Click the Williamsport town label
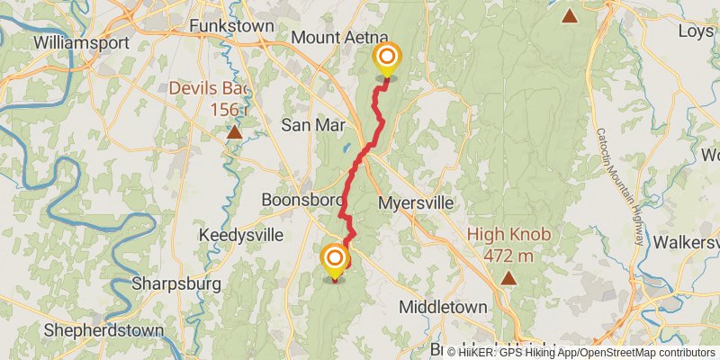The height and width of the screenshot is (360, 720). (x=76, y=42)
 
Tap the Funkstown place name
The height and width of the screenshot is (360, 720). (x=231, y=27)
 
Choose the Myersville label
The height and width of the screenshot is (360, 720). (x=416, y=202)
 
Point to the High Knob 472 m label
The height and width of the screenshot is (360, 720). (x=508, y=243)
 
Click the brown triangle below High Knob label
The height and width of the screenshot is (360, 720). (x=509, y=277)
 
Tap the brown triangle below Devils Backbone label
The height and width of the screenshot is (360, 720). (x=234, y=132)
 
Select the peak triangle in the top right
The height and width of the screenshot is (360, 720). (x=570, y=14)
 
